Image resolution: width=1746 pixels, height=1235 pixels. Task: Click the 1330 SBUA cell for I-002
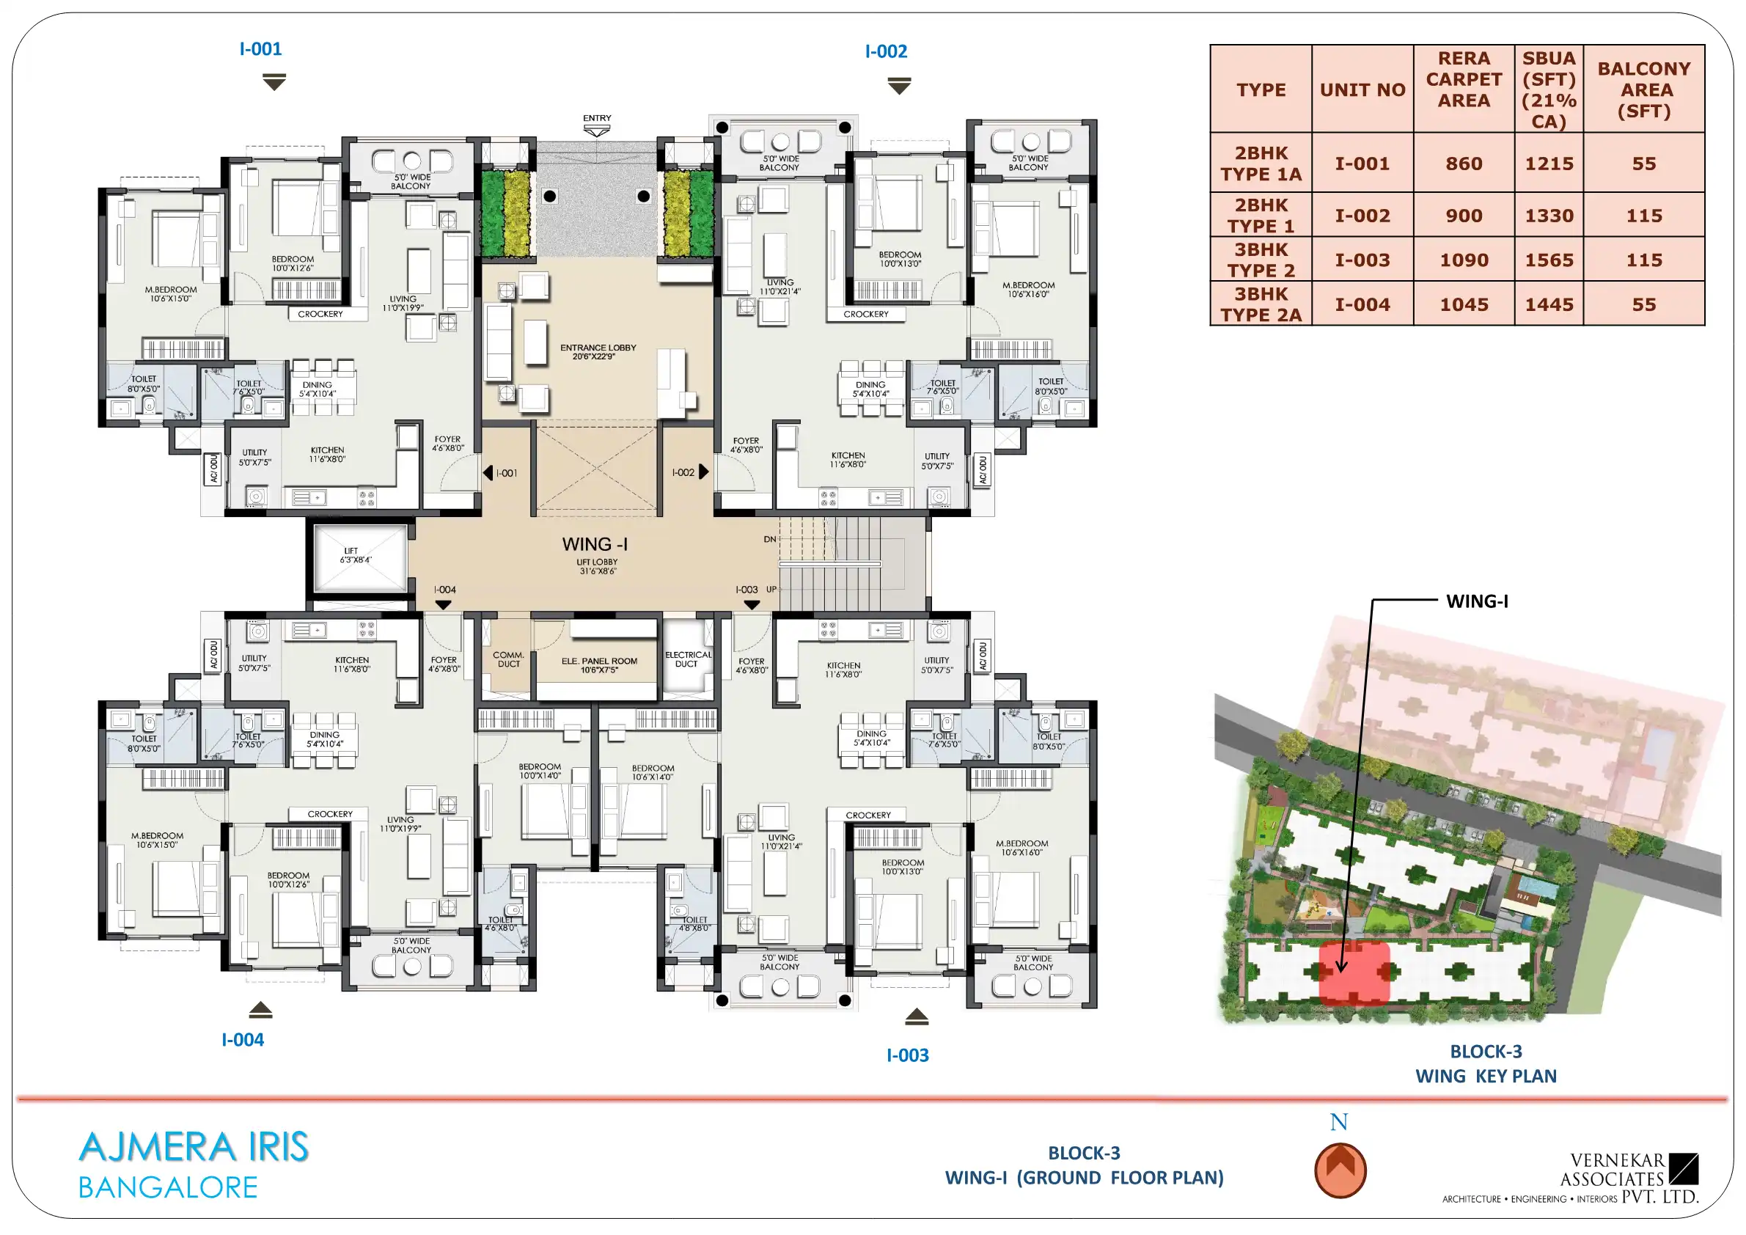(1548, 216)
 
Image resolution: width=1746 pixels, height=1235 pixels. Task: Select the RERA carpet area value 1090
(1464, 260)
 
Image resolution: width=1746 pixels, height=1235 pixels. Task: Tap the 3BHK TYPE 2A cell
(1261, 304)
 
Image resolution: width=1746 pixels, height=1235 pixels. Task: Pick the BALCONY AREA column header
(1644, 89)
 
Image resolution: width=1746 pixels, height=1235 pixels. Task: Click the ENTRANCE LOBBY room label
(598, 351)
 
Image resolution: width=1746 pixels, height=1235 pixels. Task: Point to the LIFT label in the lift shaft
(351, 551)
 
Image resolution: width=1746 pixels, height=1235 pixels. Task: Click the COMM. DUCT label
(509, 659)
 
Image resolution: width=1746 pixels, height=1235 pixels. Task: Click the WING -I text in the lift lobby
(595, 544)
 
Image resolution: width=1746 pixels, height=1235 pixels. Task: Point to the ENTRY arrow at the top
(597, 131)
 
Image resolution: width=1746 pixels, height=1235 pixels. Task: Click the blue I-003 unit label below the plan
(907, 1055)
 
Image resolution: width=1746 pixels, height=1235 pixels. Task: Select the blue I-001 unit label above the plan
(261, 48)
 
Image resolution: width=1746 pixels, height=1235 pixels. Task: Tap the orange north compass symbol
(1340, 1170)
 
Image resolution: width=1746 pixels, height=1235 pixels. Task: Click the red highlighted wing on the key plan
(1354, 973)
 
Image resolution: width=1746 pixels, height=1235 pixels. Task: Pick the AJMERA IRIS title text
(194, 1147)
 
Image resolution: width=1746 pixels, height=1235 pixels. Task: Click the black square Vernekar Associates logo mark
(1684, 1169)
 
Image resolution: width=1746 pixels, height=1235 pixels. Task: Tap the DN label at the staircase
(769, 539)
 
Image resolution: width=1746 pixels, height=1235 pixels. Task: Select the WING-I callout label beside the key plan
(1477, 601)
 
